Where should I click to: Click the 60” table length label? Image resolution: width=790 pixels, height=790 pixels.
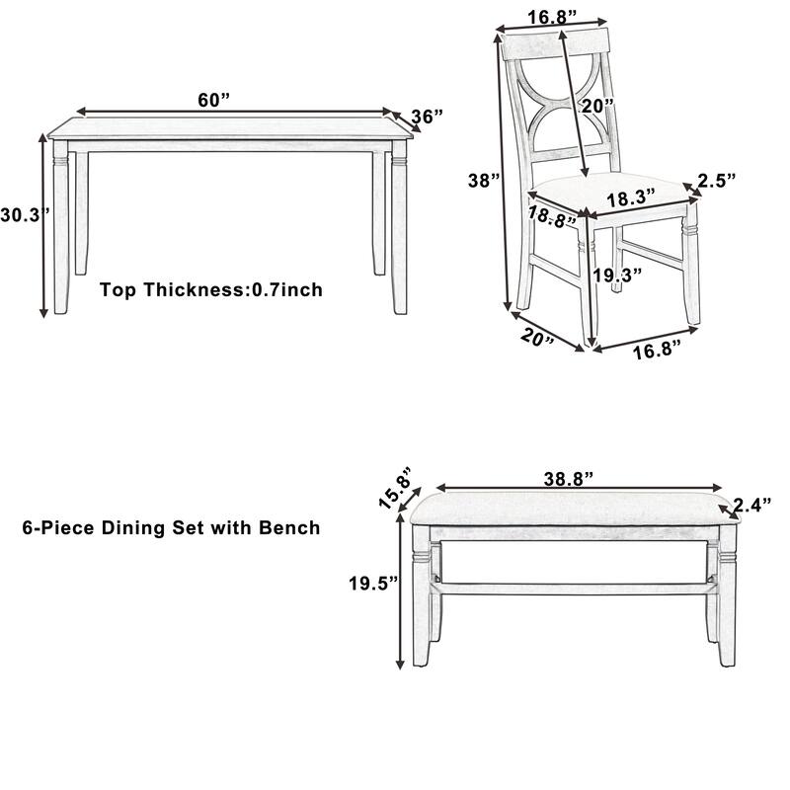pyautogui.click(x=213, y=99)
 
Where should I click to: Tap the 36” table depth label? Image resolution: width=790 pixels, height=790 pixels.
pyautogui.click(x=427, y=117)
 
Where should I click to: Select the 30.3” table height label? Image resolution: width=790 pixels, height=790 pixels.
pyautogui.click(x=19, y=214)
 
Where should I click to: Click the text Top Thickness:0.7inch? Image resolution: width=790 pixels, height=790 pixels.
pyautogui.click(x=211, y=290)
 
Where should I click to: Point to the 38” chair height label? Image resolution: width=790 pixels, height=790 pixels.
pyautogui.click(x=485, y=181)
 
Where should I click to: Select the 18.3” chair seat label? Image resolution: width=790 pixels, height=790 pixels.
pyautogui.click(x=631, y=197)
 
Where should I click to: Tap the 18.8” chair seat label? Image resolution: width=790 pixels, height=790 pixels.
pyautogui.click(x=551, y=215)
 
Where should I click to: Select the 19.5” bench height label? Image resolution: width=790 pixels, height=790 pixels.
pyautogui.click(x=372, y=583)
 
